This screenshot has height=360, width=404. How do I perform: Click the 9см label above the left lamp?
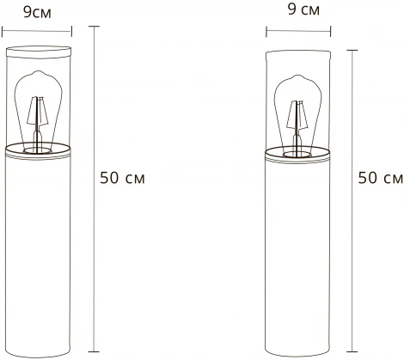tap(36, 13)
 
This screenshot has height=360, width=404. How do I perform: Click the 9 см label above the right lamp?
tap(298, 11)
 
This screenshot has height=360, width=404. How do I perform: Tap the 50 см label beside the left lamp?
tap(122, 179)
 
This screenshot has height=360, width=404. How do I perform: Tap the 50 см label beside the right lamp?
tap(380, 179)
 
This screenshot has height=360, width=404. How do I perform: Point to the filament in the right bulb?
tap(297, 116)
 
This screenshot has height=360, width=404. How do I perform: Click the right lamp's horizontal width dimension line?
tap(298, 33)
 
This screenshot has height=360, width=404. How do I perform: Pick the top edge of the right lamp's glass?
tap(298, 53)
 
